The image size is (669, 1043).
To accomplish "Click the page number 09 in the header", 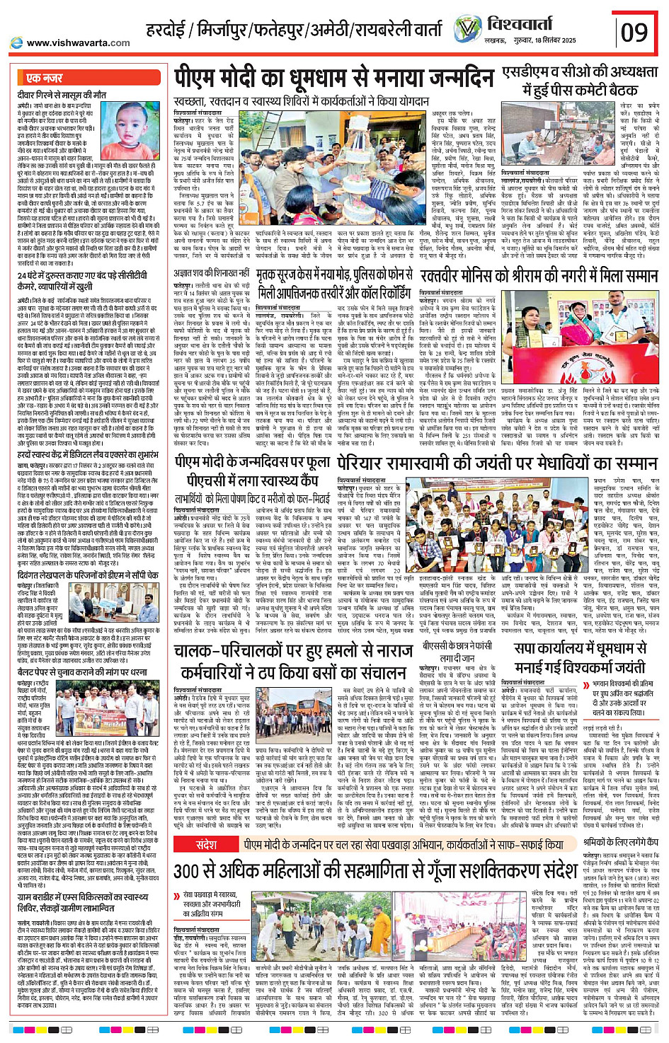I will (x=634, y=33).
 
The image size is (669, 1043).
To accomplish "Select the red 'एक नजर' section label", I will (x=44, y=78).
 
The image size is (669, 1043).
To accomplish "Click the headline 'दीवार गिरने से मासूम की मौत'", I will (x=62, y=94).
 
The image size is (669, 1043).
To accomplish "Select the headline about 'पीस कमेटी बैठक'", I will (x=580, y=81).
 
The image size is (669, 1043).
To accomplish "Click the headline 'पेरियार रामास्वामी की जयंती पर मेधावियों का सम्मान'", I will (x=489, y=463).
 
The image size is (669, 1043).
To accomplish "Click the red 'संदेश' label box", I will (x=206, y=845).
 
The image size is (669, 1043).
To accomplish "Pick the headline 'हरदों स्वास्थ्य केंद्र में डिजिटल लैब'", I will (x=88, y=455).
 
